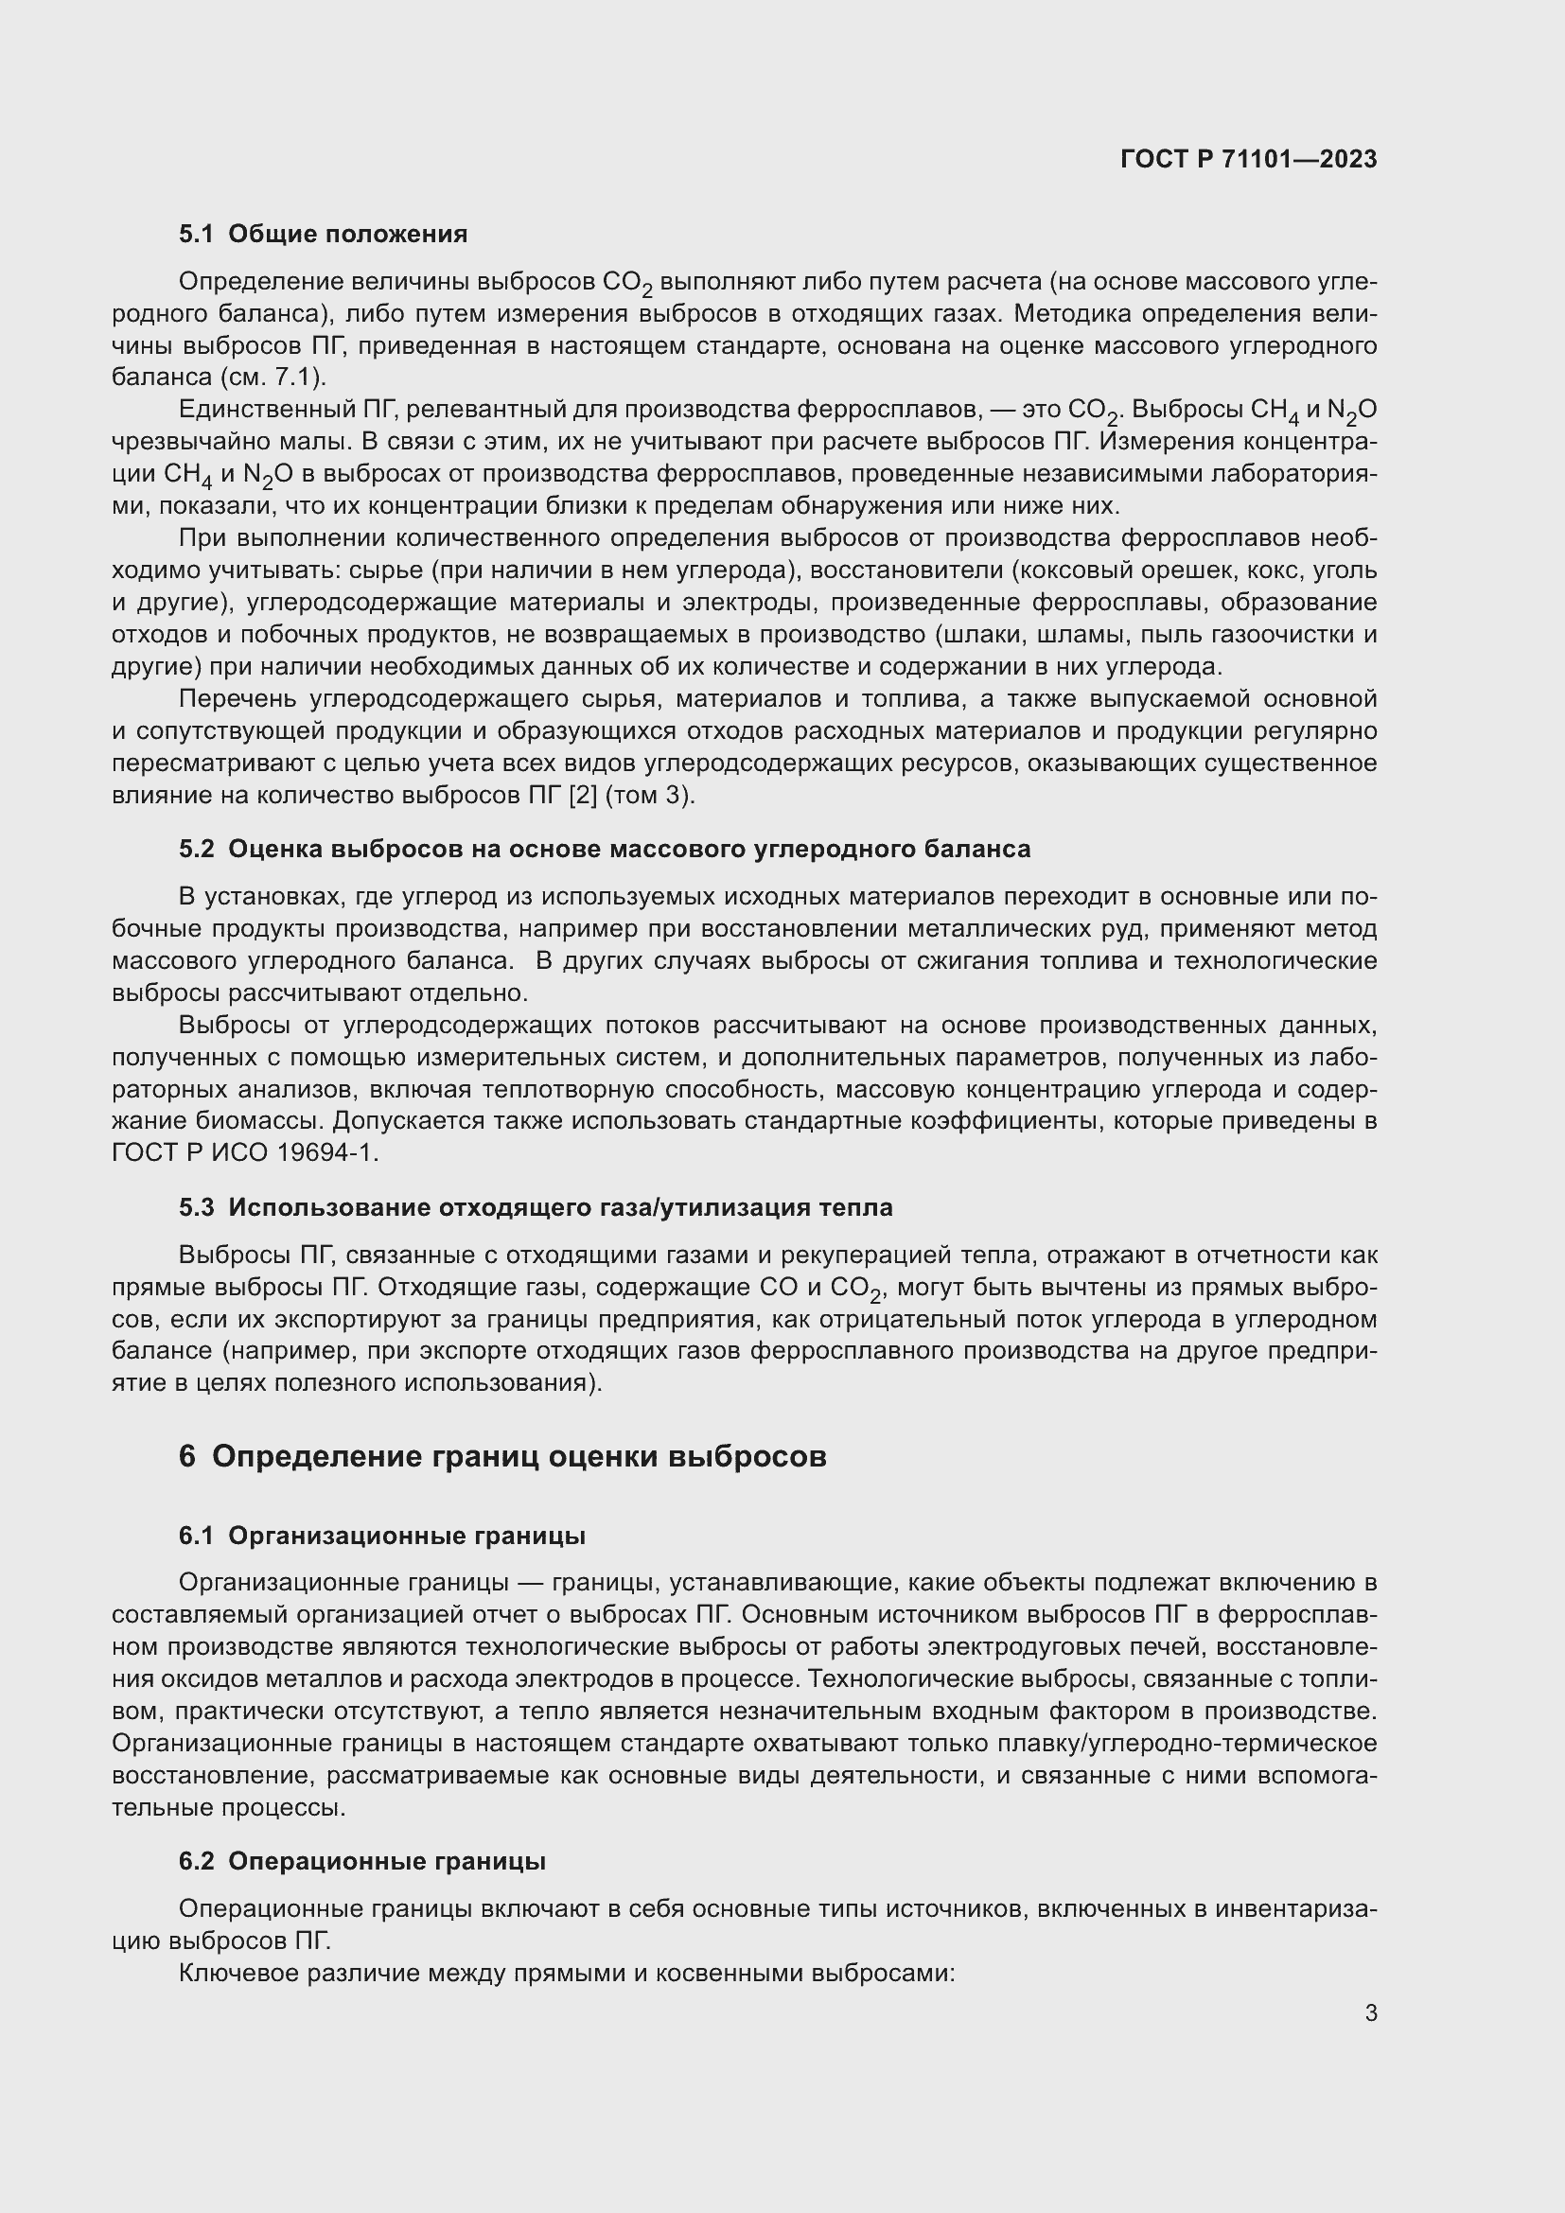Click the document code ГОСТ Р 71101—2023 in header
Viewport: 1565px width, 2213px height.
1248,159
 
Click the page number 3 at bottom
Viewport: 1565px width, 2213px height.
1370,2012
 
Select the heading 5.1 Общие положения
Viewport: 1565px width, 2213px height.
323,235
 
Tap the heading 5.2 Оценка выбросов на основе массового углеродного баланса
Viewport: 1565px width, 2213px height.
605,849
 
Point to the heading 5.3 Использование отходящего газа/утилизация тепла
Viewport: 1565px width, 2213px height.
535,1207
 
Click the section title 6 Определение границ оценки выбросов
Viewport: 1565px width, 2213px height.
502,1456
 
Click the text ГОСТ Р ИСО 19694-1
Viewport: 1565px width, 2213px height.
245,1153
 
